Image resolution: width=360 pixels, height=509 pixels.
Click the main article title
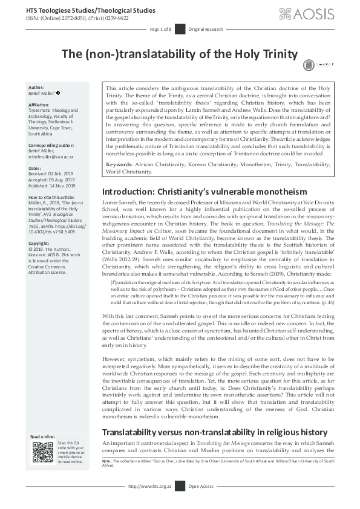tap(180, 54)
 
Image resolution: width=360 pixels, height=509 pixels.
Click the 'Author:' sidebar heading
tap(37, 88)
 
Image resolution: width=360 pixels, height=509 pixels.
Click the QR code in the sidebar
tap(42, 453)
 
